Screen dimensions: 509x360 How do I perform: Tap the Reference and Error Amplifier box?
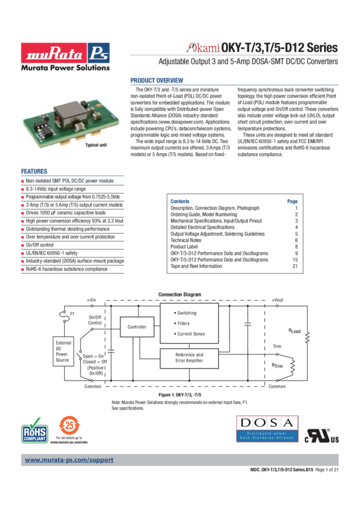pos(190,358)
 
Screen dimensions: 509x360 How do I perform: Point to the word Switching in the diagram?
pos(186,313)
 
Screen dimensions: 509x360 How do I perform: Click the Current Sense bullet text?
pos(190,334)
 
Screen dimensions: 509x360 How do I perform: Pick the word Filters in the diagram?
pos(183,323)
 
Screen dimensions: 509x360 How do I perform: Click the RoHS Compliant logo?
pos(35,431)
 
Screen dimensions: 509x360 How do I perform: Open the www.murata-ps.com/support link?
pos(69,460)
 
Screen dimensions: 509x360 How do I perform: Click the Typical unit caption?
pos(95,145)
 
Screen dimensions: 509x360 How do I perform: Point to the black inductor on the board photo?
pos(66,112)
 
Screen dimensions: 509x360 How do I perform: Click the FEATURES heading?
pos(35,171)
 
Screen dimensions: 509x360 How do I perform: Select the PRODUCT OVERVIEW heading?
pos(157,81)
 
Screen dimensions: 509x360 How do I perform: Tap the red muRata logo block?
pos(53,53)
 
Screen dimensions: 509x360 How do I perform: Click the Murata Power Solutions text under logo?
pos(66,68)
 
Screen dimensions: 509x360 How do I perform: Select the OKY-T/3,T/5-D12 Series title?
pos(279,48)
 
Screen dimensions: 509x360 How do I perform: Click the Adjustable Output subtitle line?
pos(248,62)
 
